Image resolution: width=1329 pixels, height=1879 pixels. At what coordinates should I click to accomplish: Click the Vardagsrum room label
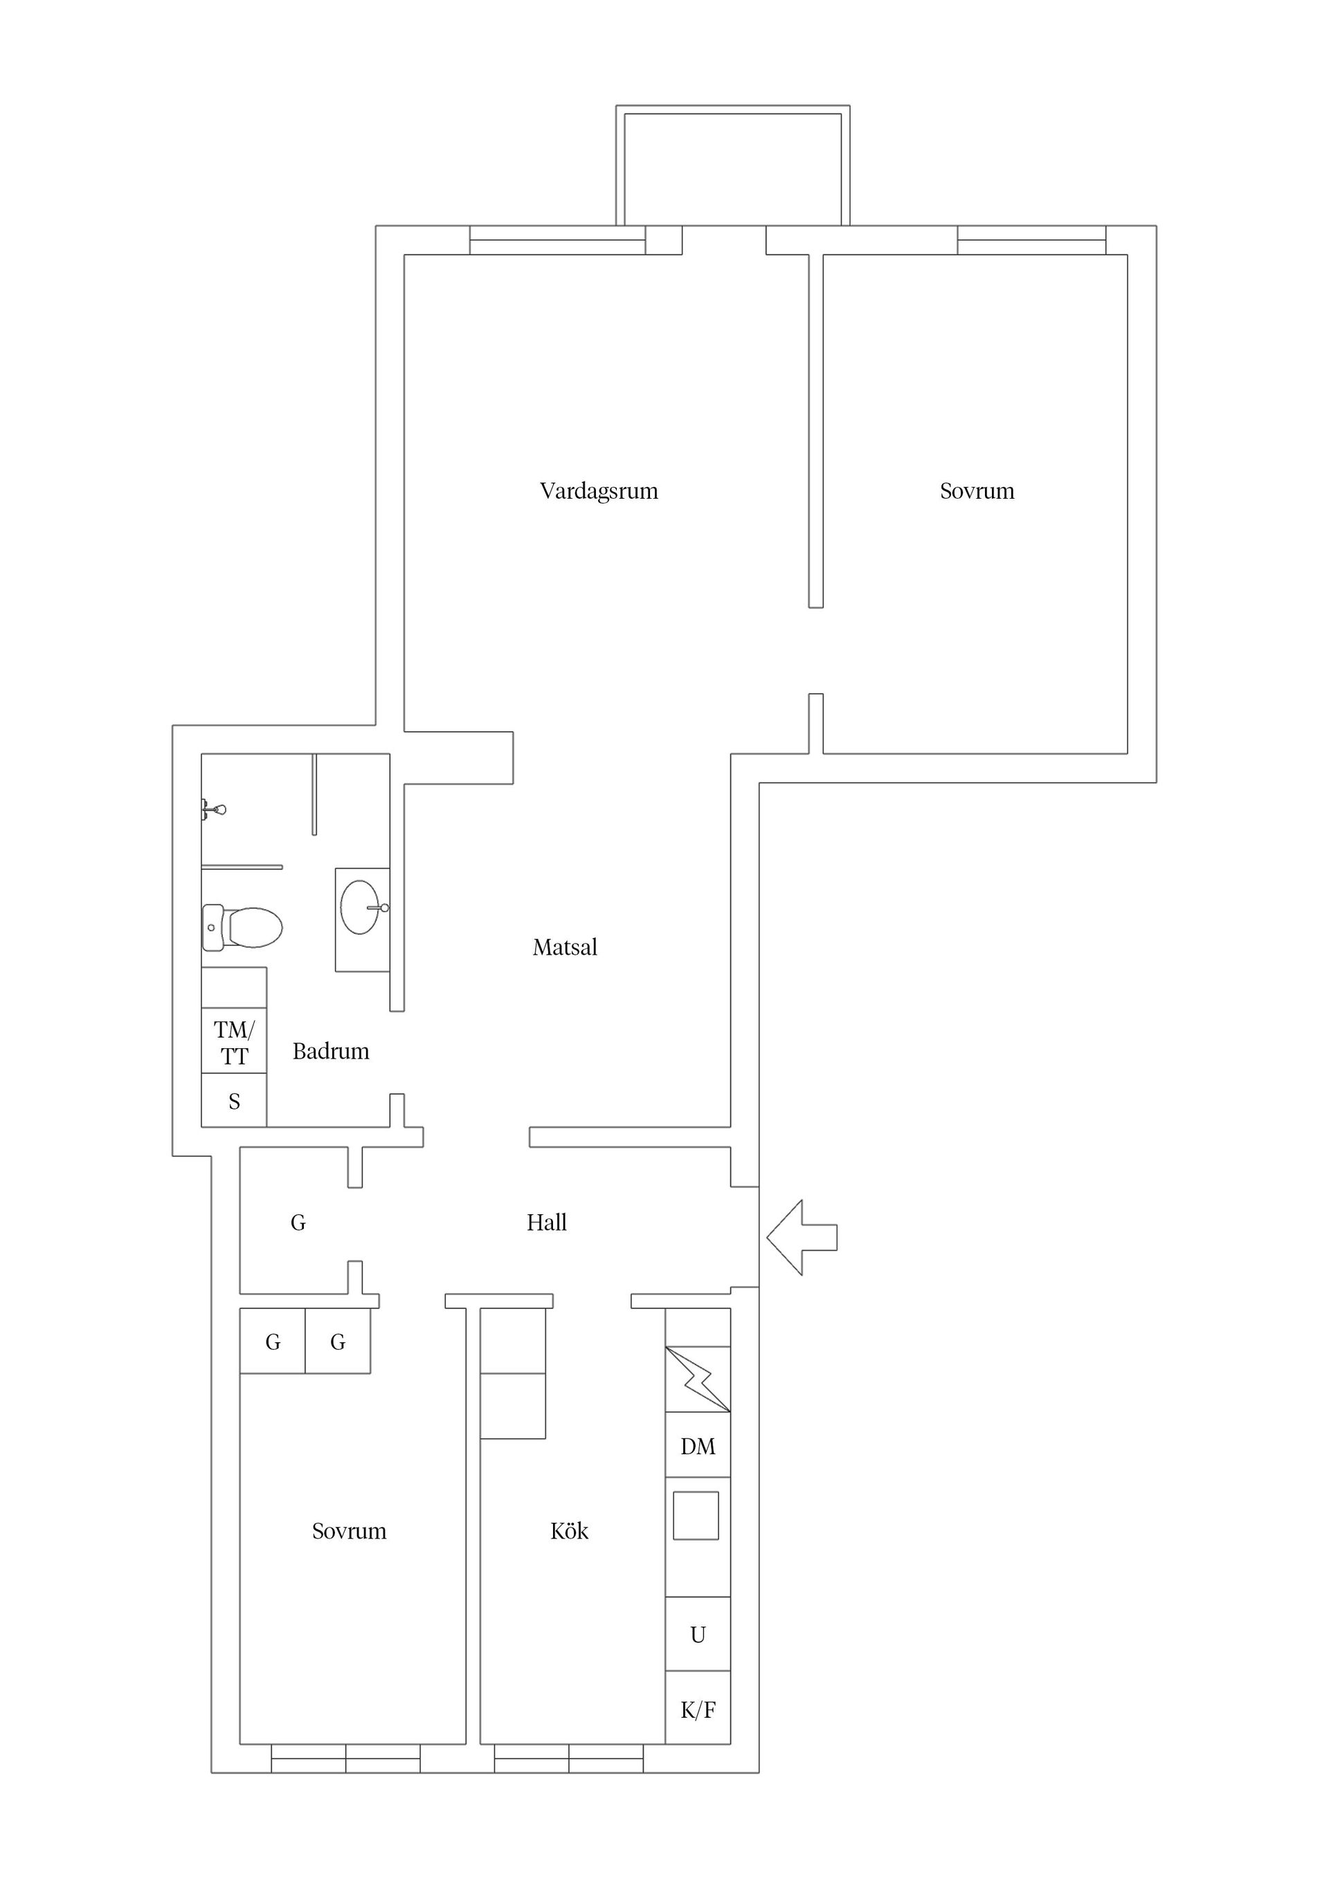pos(599,491)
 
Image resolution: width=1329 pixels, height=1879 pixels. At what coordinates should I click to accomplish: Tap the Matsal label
pos(565,947)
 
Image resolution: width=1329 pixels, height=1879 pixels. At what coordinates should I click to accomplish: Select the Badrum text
pos(331,1051)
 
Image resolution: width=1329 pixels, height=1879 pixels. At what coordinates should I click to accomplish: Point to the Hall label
pos(546,1222)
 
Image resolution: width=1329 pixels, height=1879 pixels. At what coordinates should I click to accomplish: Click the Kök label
pos(569,1530)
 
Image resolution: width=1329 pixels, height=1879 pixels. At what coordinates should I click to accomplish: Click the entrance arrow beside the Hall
pos(802,1238)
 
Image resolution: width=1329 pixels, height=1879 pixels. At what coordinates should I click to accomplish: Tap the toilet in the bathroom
pos(242,927)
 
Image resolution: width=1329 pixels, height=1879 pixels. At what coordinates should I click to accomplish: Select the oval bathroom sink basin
pos(361,907)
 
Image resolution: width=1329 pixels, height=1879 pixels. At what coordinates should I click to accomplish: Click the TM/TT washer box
pos(234,1041)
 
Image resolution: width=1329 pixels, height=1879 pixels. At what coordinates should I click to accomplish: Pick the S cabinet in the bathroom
pos(234,1100)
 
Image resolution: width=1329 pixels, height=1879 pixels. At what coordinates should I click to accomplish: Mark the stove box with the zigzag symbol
pos(698,1379)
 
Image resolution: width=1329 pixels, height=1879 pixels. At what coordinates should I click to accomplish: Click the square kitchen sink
pos(696,1516)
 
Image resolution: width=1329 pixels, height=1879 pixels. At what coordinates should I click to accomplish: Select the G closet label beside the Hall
pos(298,1222)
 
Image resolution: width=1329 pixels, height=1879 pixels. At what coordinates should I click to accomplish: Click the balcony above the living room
pos(733,165)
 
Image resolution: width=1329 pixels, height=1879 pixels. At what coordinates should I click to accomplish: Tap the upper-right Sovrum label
pos(977,491)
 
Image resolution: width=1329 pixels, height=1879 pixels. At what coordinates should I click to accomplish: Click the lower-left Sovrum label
pos(349,1530)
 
